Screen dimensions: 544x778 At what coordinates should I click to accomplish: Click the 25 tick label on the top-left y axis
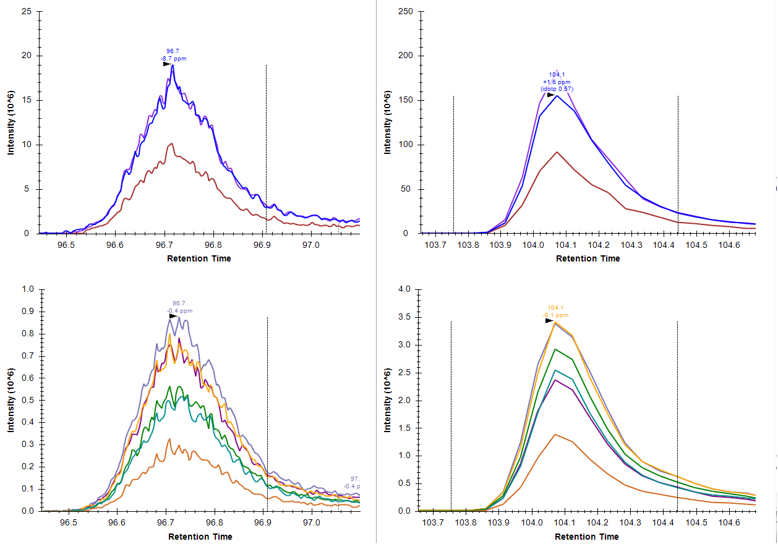click(x=27, y=11)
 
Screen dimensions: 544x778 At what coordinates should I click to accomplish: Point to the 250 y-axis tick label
click(x=405, y=11)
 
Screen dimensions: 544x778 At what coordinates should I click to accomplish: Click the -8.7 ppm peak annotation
click(x=173, y=59)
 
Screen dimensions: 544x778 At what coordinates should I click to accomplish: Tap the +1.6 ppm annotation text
click(x=557, y=82)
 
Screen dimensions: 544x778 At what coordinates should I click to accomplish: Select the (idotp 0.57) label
click(x=557, y=89)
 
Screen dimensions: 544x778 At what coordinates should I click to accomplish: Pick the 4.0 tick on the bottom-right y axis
click(x=403, y=289)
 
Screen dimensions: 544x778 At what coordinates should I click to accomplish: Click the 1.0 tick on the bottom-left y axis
click(x=27, y=289)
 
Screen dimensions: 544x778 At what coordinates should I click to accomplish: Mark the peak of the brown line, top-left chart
click(x=171, y=143)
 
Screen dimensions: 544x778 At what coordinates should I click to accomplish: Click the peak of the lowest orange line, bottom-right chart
click(x=555, y=435)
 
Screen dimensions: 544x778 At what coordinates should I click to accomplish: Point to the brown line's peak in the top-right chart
click(x=557, y=152)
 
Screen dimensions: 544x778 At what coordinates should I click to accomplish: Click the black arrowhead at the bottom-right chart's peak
click(x=549, y=321)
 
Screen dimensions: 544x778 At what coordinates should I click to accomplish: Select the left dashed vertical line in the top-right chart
click(x=453, y=164)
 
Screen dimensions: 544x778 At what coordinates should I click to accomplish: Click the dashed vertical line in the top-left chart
click(x=266, y=148)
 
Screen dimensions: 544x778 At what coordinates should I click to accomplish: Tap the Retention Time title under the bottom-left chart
click(x=200, y=537)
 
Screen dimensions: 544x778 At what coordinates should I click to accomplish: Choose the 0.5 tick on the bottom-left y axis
click(x=27, y=400)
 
